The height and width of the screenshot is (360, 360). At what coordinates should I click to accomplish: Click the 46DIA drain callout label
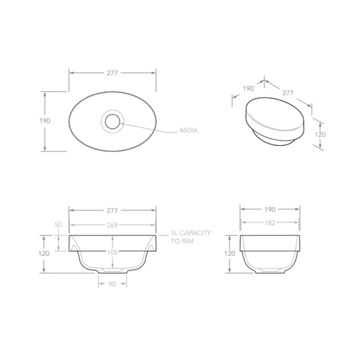(x=188, y=130)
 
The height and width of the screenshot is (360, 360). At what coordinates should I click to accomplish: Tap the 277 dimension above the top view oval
(x=112, y=73)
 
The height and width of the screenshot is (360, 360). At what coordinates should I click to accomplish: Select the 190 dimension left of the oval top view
(x=45, y=121)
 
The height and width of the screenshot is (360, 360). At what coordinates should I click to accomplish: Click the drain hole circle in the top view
(x=112, y=121)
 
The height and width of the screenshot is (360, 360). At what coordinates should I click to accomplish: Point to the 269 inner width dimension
(x=112, y=225)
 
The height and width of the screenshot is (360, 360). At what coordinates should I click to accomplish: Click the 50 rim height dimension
(x=58, y=224)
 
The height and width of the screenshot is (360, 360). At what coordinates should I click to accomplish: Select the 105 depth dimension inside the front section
(x=112, y=252)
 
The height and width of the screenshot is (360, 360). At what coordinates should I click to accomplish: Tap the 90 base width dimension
(x=112, y=284)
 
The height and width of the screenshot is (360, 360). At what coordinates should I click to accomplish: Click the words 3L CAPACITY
(x=190, y=233)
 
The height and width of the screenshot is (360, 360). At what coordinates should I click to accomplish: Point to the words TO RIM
(x=182, y=241)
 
